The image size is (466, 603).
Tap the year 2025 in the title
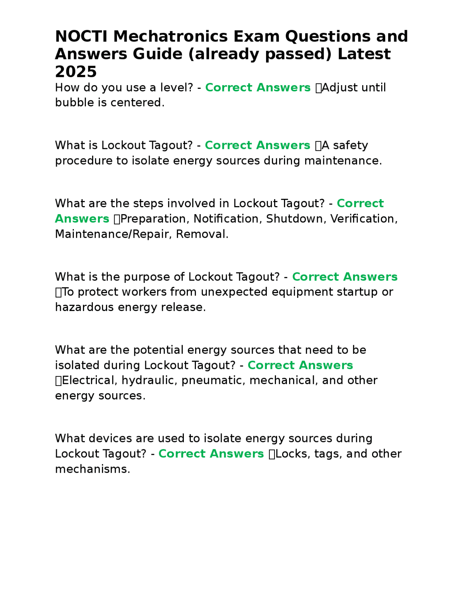point(76,72)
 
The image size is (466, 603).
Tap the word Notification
point(227,219)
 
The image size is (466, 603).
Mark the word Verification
point(363,219)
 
